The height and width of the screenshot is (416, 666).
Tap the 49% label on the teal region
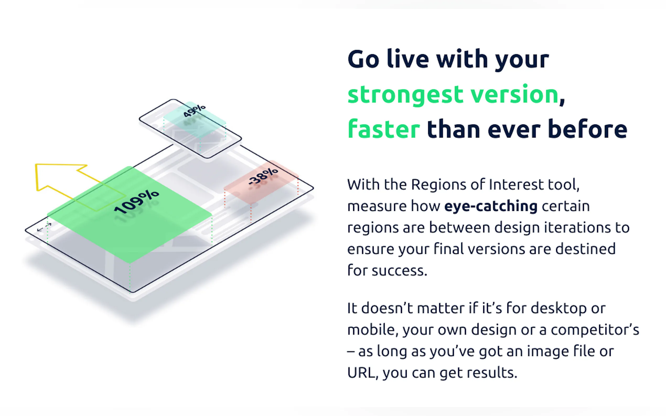(194, 111)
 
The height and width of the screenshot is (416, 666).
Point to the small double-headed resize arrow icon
(44, 227)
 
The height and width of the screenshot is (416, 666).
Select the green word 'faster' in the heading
(384, 129)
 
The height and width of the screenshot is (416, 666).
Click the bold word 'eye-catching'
(491, 206)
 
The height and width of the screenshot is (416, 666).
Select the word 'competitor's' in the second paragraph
(595, 330)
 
